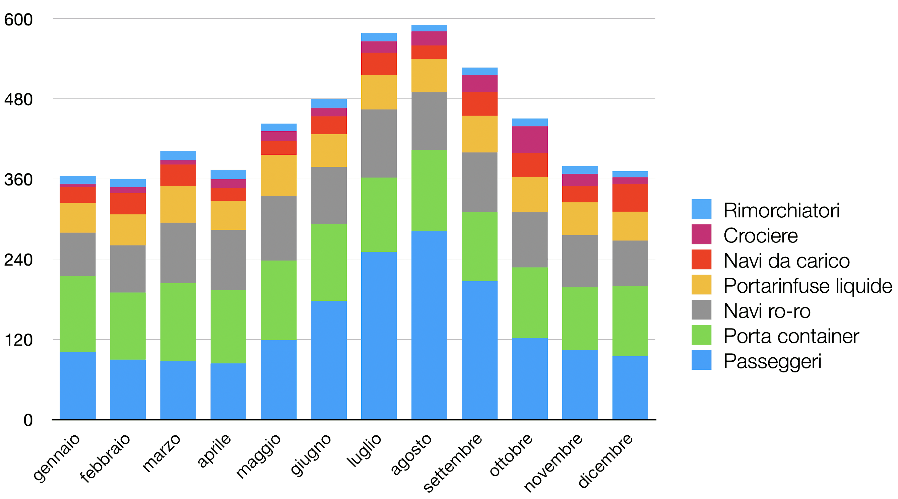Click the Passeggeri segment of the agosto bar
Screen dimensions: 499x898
(x=429, y=325)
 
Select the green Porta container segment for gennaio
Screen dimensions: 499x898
(x=77, y=313)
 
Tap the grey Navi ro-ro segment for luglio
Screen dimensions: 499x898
(x=379, y=143)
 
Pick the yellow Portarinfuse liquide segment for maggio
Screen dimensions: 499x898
(x=278, y=175)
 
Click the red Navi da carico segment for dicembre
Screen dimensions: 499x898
(x=630, y=197)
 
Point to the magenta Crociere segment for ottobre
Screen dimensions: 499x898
(x=529, y=139)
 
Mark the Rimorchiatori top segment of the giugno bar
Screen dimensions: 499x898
(x=329, y=103)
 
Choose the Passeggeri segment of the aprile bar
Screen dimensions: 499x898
(x=228, y=391)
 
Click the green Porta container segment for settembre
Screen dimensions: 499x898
(x=479, y=246)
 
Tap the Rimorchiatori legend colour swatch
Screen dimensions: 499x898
(x=701, y=209)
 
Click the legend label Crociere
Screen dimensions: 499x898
(x=760, y=235)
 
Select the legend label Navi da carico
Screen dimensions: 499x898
(x=786, y=261)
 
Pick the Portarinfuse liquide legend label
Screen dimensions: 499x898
(x=808, y=286)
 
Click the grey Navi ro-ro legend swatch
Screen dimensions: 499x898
(x=701, y=309)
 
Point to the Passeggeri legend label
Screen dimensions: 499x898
(x=772, y=361)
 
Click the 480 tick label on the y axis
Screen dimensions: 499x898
(x=18, y=100)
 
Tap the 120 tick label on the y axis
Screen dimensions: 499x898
(x=18, y=340)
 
